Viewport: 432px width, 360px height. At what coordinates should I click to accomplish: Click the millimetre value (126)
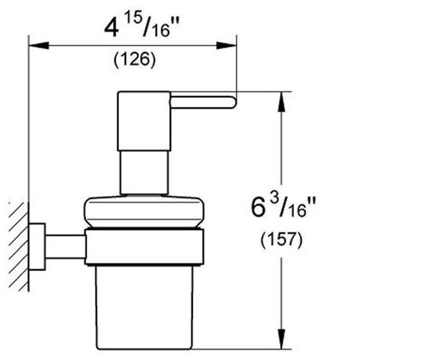135,60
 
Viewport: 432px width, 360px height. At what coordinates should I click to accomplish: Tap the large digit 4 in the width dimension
112,28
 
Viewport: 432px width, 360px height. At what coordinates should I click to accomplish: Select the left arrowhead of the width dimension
39,45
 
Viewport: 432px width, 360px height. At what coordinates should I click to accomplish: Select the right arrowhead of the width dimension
226,45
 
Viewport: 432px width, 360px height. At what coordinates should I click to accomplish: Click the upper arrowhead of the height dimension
281,102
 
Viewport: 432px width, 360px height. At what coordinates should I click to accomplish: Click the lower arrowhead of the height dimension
281,339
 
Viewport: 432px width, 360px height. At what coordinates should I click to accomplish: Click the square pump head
144,121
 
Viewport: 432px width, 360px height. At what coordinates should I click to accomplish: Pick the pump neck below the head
144,172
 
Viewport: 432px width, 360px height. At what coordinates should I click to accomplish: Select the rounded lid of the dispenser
144,212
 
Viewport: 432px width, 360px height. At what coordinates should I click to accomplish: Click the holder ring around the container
144,247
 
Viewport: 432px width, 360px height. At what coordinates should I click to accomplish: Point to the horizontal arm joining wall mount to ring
65,247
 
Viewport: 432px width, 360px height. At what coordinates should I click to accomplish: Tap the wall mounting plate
37,247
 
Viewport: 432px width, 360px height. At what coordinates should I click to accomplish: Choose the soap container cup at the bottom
144,307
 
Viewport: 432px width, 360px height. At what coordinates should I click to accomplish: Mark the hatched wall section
19,247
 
